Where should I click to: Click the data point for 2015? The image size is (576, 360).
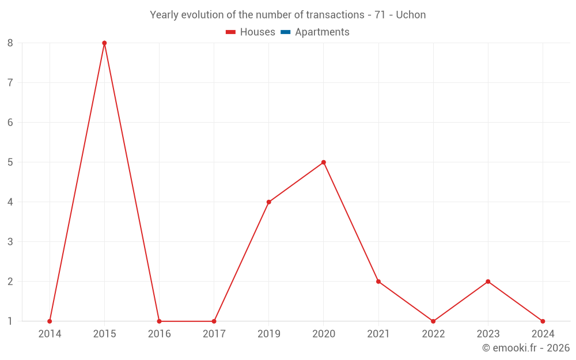(104, 43)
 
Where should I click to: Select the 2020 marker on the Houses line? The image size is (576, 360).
(324, 162)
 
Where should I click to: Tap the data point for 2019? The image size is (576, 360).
(269, 202)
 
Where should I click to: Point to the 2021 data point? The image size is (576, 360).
(378, 282)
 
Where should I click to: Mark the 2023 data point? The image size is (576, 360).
(488, 282)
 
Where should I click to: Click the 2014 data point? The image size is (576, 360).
(50, 321)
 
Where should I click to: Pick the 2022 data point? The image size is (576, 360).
(433, 321)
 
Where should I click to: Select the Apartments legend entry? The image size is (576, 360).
(322, 32)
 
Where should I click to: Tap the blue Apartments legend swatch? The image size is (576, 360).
(285, 32)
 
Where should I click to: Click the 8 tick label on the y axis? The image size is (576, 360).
(10, 43)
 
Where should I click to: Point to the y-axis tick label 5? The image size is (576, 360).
(10, 162)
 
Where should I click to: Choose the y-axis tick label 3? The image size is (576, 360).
(10, 242)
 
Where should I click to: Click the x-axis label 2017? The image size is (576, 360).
(214, 334)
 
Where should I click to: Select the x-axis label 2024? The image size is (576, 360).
(543, 334)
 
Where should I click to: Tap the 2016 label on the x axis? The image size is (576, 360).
(160, 334)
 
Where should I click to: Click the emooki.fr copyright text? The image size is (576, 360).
(525, 348)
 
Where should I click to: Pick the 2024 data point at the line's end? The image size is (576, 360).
(543, 321)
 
